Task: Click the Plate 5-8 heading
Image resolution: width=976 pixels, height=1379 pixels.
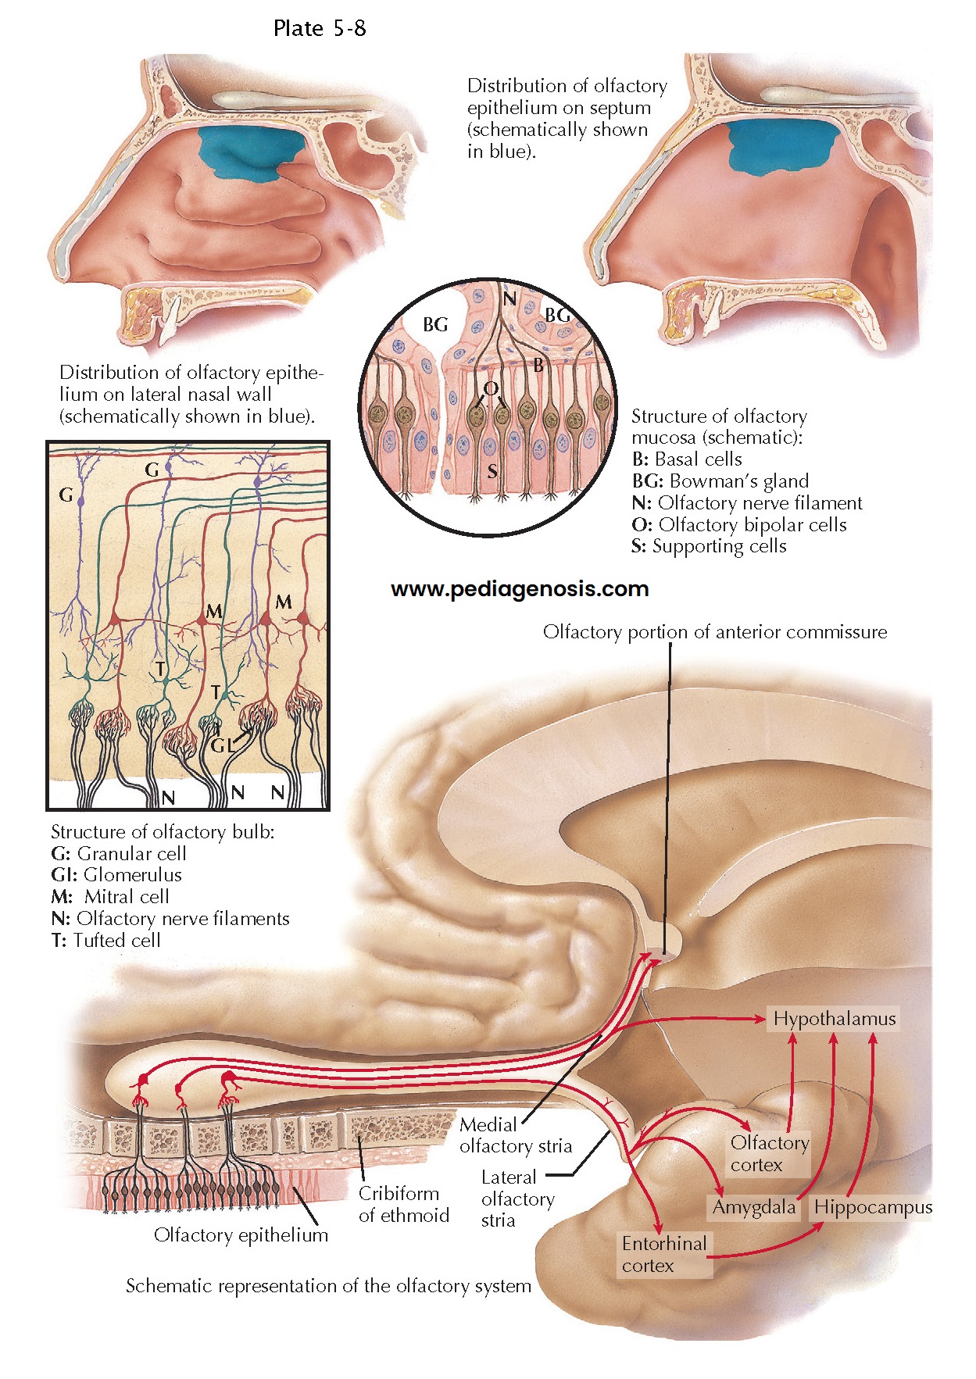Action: (320, 29)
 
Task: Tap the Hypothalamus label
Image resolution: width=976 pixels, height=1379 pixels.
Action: (834, 1019)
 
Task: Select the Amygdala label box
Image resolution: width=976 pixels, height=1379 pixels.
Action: (753, 1207)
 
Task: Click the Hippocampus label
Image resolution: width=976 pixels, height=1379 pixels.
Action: (872, 1207)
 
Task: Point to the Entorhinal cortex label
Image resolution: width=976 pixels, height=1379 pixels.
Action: (663, 1254)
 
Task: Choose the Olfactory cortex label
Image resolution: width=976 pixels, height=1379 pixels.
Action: (769, 1153)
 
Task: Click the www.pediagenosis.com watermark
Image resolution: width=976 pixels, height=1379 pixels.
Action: (520, 589)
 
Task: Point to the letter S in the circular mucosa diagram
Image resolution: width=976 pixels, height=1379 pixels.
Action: (492, 471)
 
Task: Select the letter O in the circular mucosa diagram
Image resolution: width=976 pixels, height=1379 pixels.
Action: (490, 389)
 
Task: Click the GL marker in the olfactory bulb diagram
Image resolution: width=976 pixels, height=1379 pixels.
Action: (222, 745)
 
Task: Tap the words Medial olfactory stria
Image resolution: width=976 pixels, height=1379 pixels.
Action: (515, 1135)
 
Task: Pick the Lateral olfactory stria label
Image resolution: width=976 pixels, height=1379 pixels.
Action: (517, 1199)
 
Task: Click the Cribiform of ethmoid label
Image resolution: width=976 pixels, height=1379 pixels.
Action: (403, 1204)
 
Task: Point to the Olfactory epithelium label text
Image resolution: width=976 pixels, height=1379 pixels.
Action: (241, 1234)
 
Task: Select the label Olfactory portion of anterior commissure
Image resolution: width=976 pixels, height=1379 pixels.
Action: (714, 632)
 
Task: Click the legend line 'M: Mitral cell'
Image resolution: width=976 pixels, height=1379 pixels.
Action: (109, 897)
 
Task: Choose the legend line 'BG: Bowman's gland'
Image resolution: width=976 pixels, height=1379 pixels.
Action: (720, 481)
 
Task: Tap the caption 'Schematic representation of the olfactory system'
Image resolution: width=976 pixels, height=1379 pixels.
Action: (328, 1286)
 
